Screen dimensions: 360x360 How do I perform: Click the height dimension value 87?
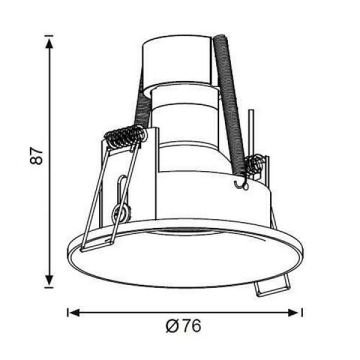tap(37, 156)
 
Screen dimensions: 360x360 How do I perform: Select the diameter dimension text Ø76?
tap(184, 326)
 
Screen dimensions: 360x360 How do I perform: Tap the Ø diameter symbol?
tap(172, 326)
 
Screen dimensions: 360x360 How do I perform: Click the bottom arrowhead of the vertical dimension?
tap(49, 280)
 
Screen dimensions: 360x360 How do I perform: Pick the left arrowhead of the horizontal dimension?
tap(75, 312)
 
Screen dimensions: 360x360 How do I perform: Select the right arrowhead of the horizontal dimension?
tap(293, 312)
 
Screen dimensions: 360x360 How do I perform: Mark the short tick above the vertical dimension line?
tap(49, 35)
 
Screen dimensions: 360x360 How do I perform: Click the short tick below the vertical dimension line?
tap(49, 286)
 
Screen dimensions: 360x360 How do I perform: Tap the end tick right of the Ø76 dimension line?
tap(302, 312)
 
